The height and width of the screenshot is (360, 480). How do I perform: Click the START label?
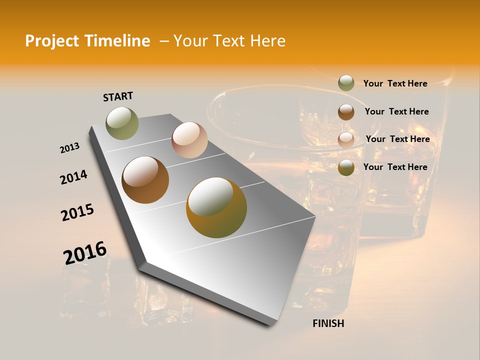(x=118, y=96)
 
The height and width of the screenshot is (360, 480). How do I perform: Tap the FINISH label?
(x=328, y=323)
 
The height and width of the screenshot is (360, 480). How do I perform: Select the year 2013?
(x=70, y=148)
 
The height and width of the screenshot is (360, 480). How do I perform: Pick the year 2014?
(x=74, y=177)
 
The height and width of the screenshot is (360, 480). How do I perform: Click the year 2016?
(x=85, y=253)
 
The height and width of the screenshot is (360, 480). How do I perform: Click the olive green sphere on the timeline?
(x=122, y=123)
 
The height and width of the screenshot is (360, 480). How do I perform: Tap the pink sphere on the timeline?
(x=189, y=140)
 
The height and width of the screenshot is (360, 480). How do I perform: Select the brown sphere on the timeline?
(x=145, y=180)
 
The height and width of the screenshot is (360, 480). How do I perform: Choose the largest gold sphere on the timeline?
(x=216, y=207)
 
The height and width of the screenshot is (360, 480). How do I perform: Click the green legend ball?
(x=346, y=83)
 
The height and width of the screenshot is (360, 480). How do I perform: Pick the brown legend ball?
(x=346, y=112)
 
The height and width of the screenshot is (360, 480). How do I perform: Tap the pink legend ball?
(x=346, y=140)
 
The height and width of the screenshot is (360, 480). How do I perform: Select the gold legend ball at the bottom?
(x=346, y=167)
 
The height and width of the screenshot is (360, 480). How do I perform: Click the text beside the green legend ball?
(x=395, y=83)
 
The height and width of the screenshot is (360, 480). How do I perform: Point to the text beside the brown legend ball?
(x=396, y=111)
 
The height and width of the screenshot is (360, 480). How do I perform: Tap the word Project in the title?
(x=51, y=41)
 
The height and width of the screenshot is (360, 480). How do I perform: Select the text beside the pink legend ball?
(x=397, y=139)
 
